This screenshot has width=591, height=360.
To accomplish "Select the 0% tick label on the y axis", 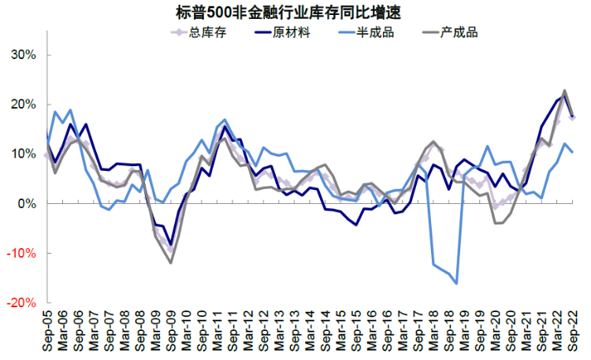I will (27, 203).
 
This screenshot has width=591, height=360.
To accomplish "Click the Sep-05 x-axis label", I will (48, 330).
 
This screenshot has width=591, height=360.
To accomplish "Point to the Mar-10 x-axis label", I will (187, 330).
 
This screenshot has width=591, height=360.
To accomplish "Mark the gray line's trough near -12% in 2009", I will (171, 262).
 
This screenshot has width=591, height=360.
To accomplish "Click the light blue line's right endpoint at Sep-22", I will (573, 152).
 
